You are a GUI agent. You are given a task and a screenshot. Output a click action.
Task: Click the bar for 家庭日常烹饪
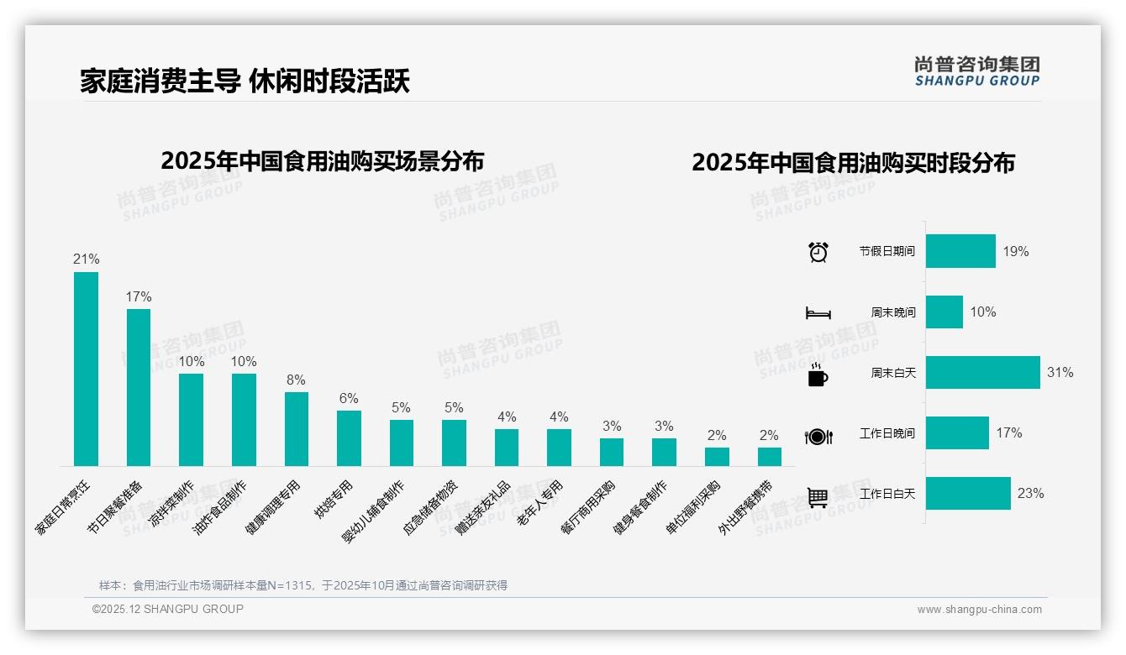click(x=86, y=369)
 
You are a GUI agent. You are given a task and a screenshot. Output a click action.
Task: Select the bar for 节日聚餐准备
click(x=139, y=387)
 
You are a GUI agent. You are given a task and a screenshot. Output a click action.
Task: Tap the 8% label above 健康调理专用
click(x=296, y=380)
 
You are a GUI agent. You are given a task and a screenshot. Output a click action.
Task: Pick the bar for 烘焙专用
click(x=349, y=438)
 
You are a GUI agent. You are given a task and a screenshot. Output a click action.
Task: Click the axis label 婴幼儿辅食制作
click(x=374, y=511)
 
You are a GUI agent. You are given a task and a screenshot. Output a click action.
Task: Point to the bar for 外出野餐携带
click(x=769, y=457)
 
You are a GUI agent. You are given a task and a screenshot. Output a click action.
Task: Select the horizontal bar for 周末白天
click(x=982, y=373)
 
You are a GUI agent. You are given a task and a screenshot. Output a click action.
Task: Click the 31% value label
click(x=1060, y=373)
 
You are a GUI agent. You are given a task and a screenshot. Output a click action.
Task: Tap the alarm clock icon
click(x=818, y=252)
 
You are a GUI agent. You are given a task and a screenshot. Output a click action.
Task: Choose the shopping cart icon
click(x=818, y=497)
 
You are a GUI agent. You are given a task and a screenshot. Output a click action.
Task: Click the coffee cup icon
click(x=818, y=375)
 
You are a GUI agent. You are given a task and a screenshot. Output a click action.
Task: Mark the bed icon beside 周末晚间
click(x=818, y=313)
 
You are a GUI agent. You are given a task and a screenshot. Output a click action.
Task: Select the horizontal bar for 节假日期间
click(x=960, y=251)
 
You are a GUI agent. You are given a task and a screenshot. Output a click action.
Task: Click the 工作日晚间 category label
click(x=887, y=433)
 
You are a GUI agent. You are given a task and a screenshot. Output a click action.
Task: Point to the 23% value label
click(x=1030, y=494)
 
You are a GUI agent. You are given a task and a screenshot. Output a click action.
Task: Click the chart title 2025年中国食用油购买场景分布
click(x=322, y=160)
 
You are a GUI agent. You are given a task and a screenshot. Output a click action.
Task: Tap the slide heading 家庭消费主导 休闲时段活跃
click(x=245, y=81)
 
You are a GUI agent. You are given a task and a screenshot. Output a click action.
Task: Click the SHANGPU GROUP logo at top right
click(x=976, y=71)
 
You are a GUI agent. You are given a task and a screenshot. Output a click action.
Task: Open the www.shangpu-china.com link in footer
click(x=979, y=610)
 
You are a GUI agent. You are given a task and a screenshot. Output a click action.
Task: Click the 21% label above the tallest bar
click(x=86, y=259)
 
